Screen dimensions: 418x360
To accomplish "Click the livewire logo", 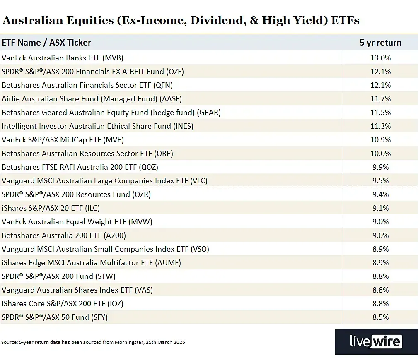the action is pos(376,342).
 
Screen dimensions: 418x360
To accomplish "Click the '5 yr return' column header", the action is pos(380,43).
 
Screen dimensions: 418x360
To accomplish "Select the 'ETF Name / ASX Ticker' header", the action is pos(46,43).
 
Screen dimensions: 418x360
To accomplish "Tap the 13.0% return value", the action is pos(380,58).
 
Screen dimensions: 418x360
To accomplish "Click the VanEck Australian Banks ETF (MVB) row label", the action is pos(63,58).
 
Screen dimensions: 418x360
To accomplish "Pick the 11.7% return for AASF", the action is pos(380,99).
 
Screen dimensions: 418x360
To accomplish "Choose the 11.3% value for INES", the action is pos(380,126).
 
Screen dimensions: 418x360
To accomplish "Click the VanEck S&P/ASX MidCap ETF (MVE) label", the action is pos(63,140).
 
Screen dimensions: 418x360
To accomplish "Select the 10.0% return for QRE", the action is pos(380,154).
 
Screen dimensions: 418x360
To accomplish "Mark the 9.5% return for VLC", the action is pos(380,180).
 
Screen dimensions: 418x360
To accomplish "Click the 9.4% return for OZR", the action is pos(380,194).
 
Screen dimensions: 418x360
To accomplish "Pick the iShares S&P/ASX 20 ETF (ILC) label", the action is pos(51,208).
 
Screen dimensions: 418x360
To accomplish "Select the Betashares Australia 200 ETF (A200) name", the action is pos(64,235).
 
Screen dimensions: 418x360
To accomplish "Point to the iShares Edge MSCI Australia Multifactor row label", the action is pos(91,262).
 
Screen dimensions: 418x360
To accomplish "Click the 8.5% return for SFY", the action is pos(380,317).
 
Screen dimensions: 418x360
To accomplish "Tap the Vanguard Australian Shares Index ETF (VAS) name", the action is pos(77,290).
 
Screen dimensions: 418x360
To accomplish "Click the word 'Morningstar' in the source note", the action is pos(130,342).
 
